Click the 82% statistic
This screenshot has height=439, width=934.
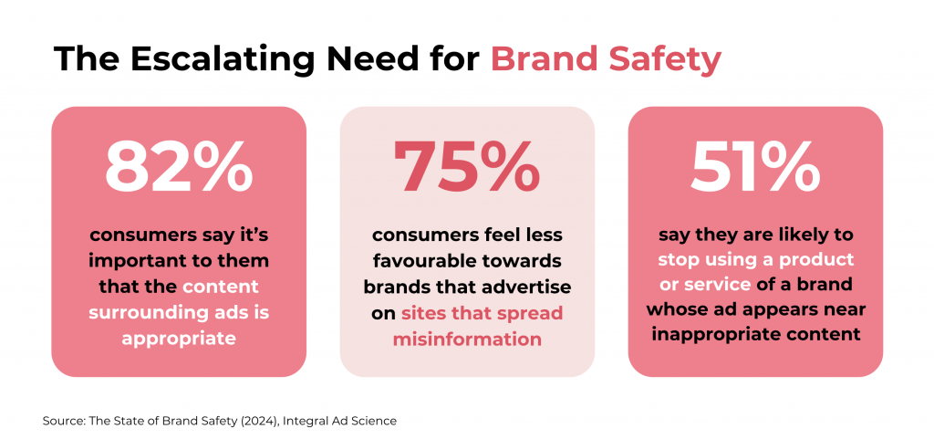coord(179,167)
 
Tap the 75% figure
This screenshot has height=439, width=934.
coord(467,167)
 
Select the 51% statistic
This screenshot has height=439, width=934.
coord(755,167)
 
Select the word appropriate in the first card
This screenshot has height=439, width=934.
coord(179,340)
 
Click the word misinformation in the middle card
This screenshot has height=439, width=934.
coord(467,340)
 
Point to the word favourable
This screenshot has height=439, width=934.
coord(421,261)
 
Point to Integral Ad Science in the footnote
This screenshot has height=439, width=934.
coord(339,422)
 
